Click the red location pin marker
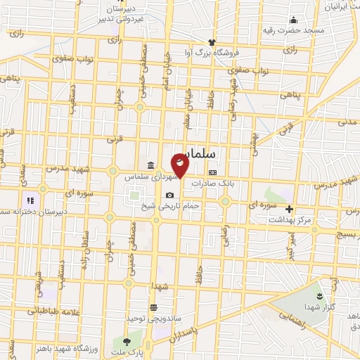click(x=180, y=165)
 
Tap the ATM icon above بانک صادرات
click(x=212, y=172)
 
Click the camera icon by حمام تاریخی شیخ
click(x=169, y=195)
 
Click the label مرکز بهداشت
click(x=289, y=220)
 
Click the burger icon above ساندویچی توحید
click(x=153, y=307)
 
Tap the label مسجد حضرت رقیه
click(x=295, y=30)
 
